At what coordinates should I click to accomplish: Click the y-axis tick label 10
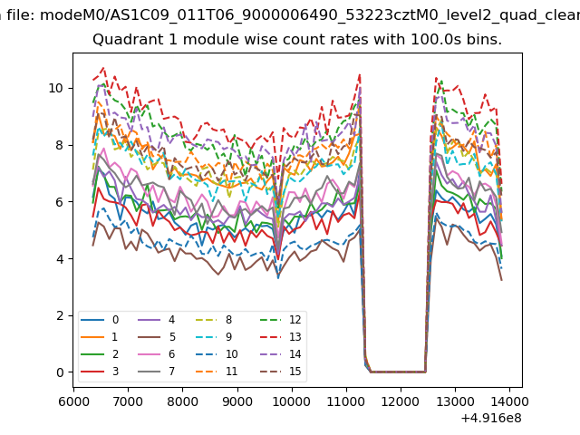pos(56,88)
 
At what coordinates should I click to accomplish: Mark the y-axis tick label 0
pos(60,372)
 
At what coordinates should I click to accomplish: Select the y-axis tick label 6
pos(60,202)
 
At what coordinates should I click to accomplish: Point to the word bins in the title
pos(483,41)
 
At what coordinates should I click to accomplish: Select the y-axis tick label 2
pos(60,315)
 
